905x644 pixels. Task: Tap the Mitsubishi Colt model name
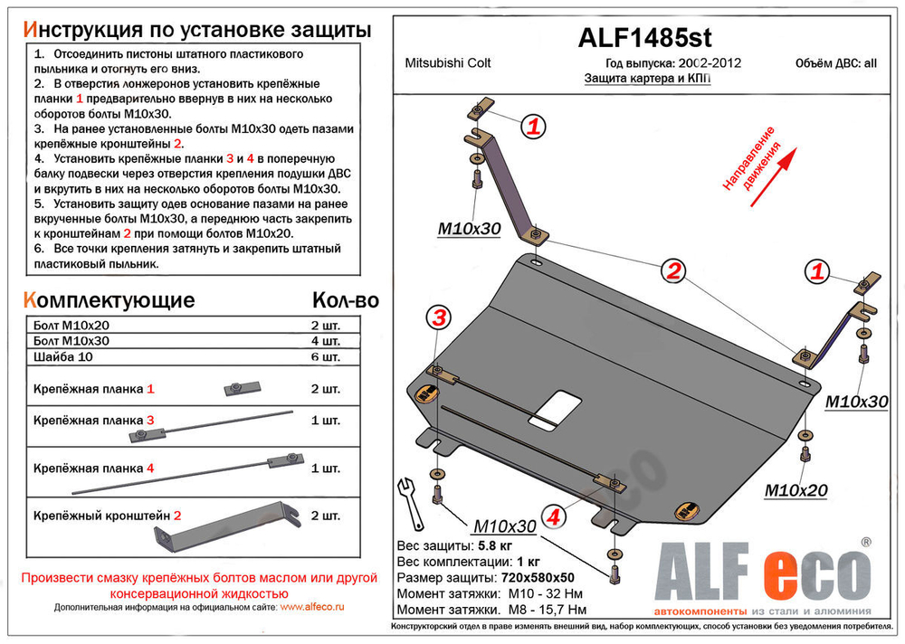tap(444, 65)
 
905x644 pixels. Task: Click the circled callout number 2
tap(672, 269)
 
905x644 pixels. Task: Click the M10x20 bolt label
tap(795, 490)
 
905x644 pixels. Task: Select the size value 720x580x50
tap(538, 577)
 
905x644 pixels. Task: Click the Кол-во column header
tap(345, 300)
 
